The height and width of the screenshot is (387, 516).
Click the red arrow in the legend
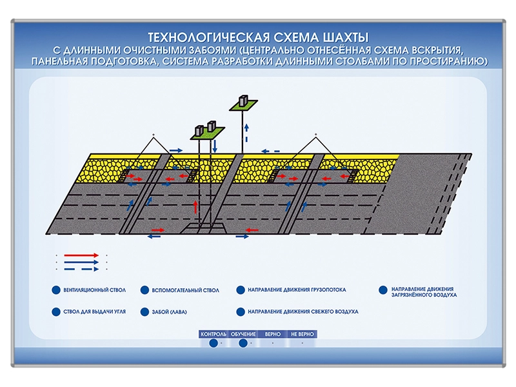(x=81, y=255)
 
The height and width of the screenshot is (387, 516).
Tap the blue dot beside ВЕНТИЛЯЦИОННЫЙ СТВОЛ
(x=56, y=290)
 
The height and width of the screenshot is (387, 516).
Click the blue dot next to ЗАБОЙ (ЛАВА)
(x=144, y=312)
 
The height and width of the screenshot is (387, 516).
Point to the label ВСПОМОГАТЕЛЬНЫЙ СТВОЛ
(x=186, y=291)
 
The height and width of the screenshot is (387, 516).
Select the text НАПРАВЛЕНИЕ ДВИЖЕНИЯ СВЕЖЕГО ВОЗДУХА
(x=303, y=312)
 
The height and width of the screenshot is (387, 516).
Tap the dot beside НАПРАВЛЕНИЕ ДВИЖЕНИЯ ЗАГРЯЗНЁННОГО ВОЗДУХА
(x=383, y=291)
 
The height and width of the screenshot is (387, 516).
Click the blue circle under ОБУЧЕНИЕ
(x=243, y=344)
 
